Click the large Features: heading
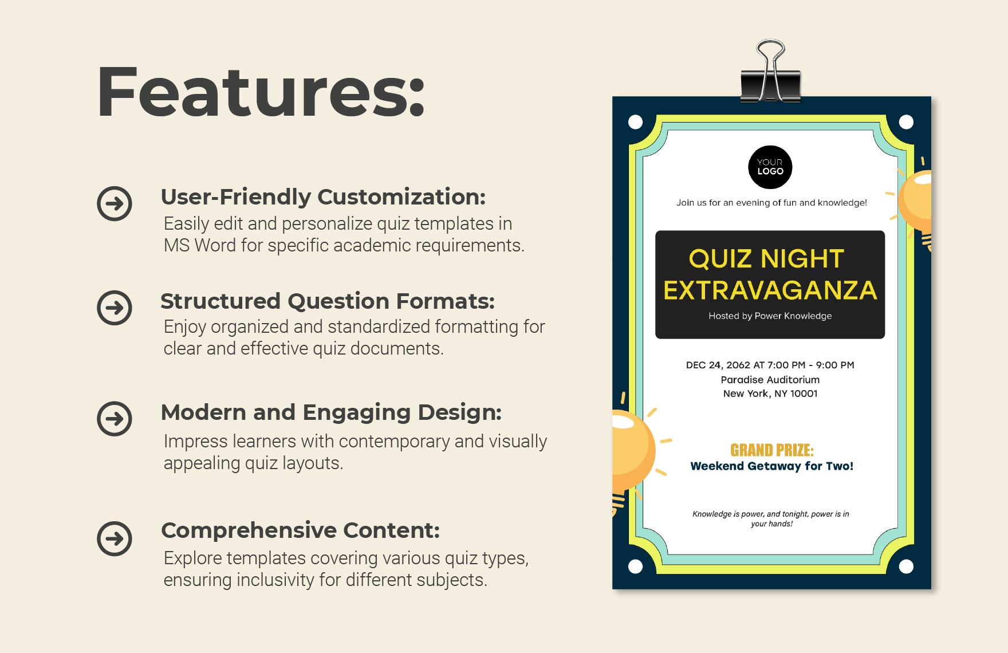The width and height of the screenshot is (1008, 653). click(x=261, y=92)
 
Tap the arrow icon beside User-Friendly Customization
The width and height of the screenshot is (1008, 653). click(x=115, y=203)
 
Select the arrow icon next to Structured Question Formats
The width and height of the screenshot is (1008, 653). click(x=115, y=308)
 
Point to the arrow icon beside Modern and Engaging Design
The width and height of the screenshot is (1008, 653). click(x=115, y=419)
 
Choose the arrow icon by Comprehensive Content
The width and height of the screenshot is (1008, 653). click(x=115, y=538)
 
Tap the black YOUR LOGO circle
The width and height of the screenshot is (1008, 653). click(x=770, y=167)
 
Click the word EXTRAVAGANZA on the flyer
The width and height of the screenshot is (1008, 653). click(x=770, y=290)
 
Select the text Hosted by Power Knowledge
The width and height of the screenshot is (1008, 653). click(x=770, y=316)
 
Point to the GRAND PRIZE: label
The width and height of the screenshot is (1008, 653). click(x=771, y=450)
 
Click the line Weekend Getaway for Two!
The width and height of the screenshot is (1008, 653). click(x=771, y=466)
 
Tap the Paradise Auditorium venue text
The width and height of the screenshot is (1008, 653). click(x=770, y=380)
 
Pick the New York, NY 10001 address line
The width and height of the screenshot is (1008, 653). click(x=770, y=394)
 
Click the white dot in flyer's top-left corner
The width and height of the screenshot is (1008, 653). click(x=635, y=122)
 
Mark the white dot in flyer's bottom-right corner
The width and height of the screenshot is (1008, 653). click(x=906, y=567)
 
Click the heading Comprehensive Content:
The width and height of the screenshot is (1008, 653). click(x=300, y=530)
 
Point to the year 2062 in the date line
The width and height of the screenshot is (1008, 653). click(x=738, y=365)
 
